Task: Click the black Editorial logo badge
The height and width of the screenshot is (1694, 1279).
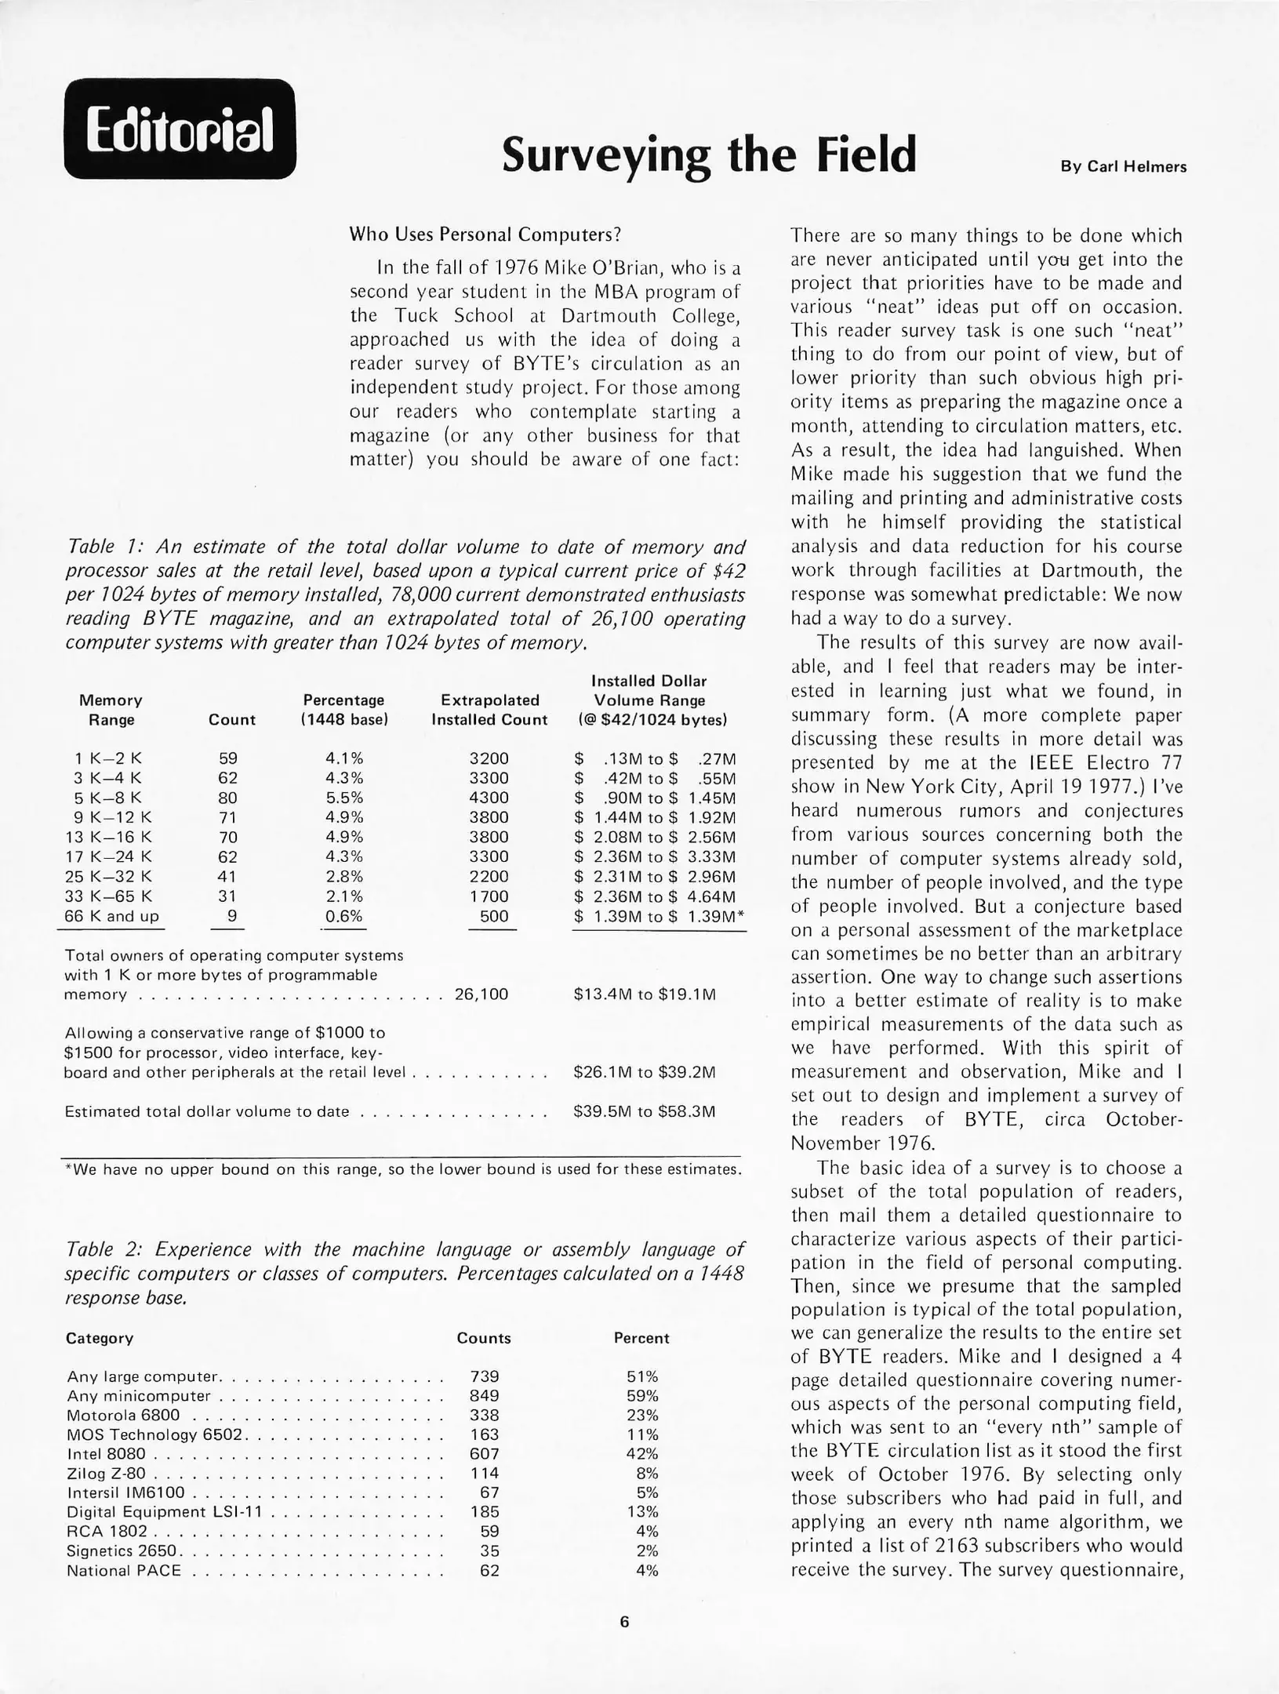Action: tap(180, 129)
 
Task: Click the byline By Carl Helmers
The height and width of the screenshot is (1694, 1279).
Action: tap(1123, 167)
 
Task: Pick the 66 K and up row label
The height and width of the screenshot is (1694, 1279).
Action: tap(111, 916)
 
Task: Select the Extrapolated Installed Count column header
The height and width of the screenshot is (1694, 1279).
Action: tap(489, 710)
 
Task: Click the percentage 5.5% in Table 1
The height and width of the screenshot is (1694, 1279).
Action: tap(343, 798)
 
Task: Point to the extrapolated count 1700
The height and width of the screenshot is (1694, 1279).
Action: tap(489, 896)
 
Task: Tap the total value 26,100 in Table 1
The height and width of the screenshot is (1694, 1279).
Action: tap(481, 994)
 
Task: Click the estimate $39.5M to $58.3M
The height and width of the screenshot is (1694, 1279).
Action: tap(644, 1111)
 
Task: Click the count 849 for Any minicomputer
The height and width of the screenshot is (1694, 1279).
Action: tap(484, 1396)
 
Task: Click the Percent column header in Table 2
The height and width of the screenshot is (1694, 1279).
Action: tap(641, 1339)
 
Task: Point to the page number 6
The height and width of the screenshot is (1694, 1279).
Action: tap(624, 1622)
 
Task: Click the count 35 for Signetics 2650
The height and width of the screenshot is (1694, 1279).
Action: tap(489, 1551)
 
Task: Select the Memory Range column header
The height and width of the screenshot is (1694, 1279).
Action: tap(111, 710)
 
